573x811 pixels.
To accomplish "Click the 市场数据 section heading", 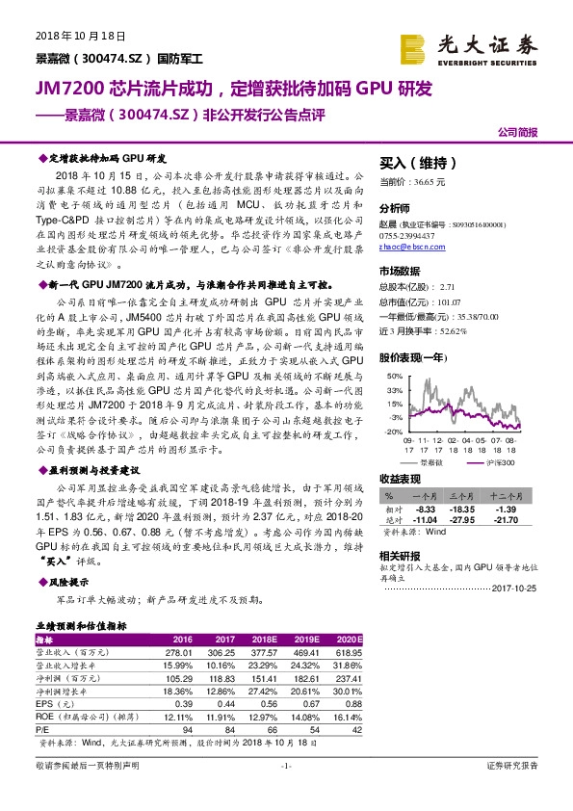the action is (x=401, y=272).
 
